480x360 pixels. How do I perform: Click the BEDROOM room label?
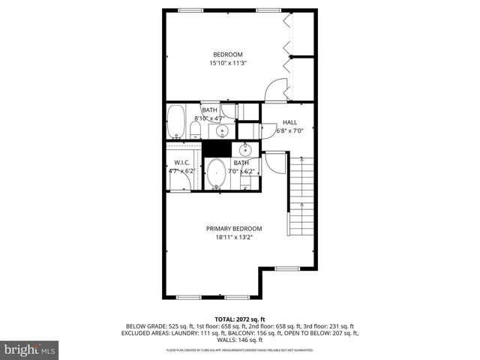point(227,54)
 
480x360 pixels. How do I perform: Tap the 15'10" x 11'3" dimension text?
point(227,64)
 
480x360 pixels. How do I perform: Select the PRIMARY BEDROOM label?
point(234,229)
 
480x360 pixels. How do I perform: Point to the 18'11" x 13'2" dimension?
point(234,238)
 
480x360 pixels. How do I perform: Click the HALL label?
point(289,122)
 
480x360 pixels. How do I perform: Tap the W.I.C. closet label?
point(181,162)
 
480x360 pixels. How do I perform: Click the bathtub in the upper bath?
point(176,122)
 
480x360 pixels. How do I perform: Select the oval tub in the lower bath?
point(217,174)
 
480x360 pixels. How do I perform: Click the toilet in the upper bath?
point(196,132)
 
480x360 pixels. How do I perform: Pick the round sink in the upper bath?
point(222,132)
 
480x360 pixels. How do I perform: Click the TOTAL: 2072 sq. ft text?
point(240,319)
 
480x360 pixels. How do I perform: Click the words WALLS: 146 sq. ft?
point(240,340)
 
